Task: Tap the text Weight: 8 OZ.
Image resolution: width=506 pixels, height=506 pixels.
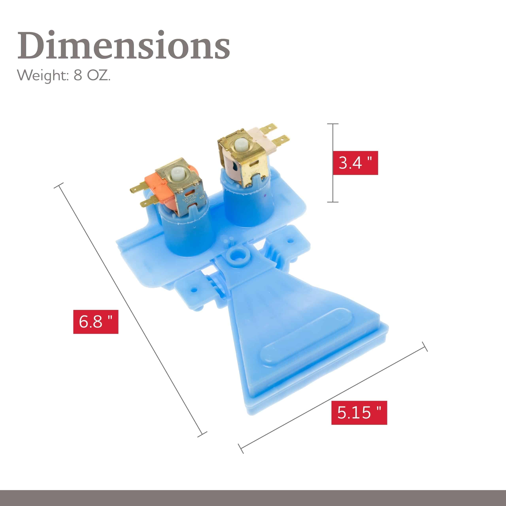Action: point(64,76)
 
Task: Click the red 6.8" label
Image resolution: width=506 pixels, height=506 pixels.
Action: point(96,322)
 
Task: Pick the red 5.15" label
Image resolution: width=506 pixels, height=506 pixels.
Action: point(359,413)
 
